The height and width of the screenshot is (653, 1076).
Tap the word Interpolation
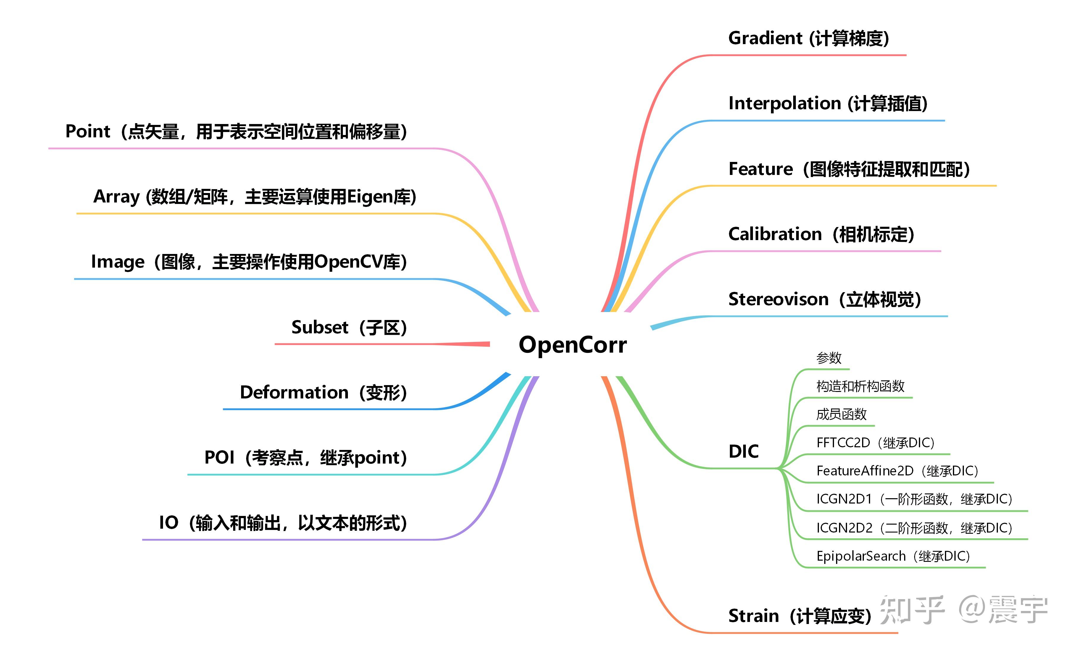[784, 104]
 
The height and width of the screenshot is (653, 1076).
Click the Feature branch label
[761, 169]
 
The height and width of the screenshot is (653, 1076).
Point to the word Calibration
[775, 234]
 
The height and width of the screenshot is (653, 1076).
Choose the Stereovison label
[778, 300]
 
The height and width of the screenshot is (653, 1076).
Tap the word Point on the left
[87, 131]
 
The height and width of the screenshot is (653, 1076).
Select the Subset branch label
[320, 327]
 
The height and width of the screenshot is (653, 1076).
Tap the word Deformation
[294, 392]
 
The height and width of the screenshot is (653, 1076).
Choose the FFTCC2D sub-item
[843, 443]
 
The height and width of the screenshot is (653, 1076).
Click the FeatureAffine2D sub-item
[865, 471]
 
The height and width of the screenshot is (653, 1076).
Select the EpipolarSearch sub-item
[861, 556]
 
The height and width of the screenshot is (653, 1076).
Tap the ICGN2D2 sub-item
[844, 528]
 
